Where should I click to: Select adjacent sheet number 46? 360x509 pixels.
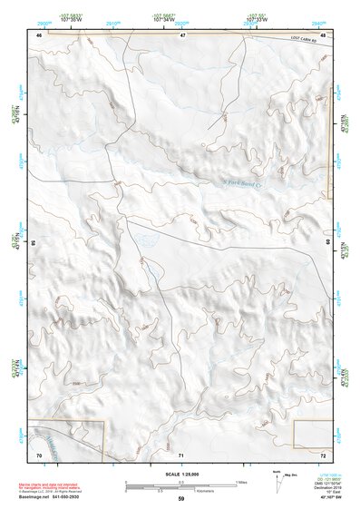[39, 34]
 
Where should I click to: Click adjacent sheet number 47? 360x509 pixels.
[182, 34]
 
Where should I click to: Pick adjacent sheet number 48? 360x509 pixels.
[323, 34]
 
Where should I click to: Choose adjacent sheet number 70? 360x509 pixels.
[39, 453]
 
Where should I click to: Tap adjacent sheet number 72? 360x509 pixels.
[323, 453]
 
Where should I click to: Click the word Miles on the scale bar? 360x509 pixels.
[241, 481]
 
